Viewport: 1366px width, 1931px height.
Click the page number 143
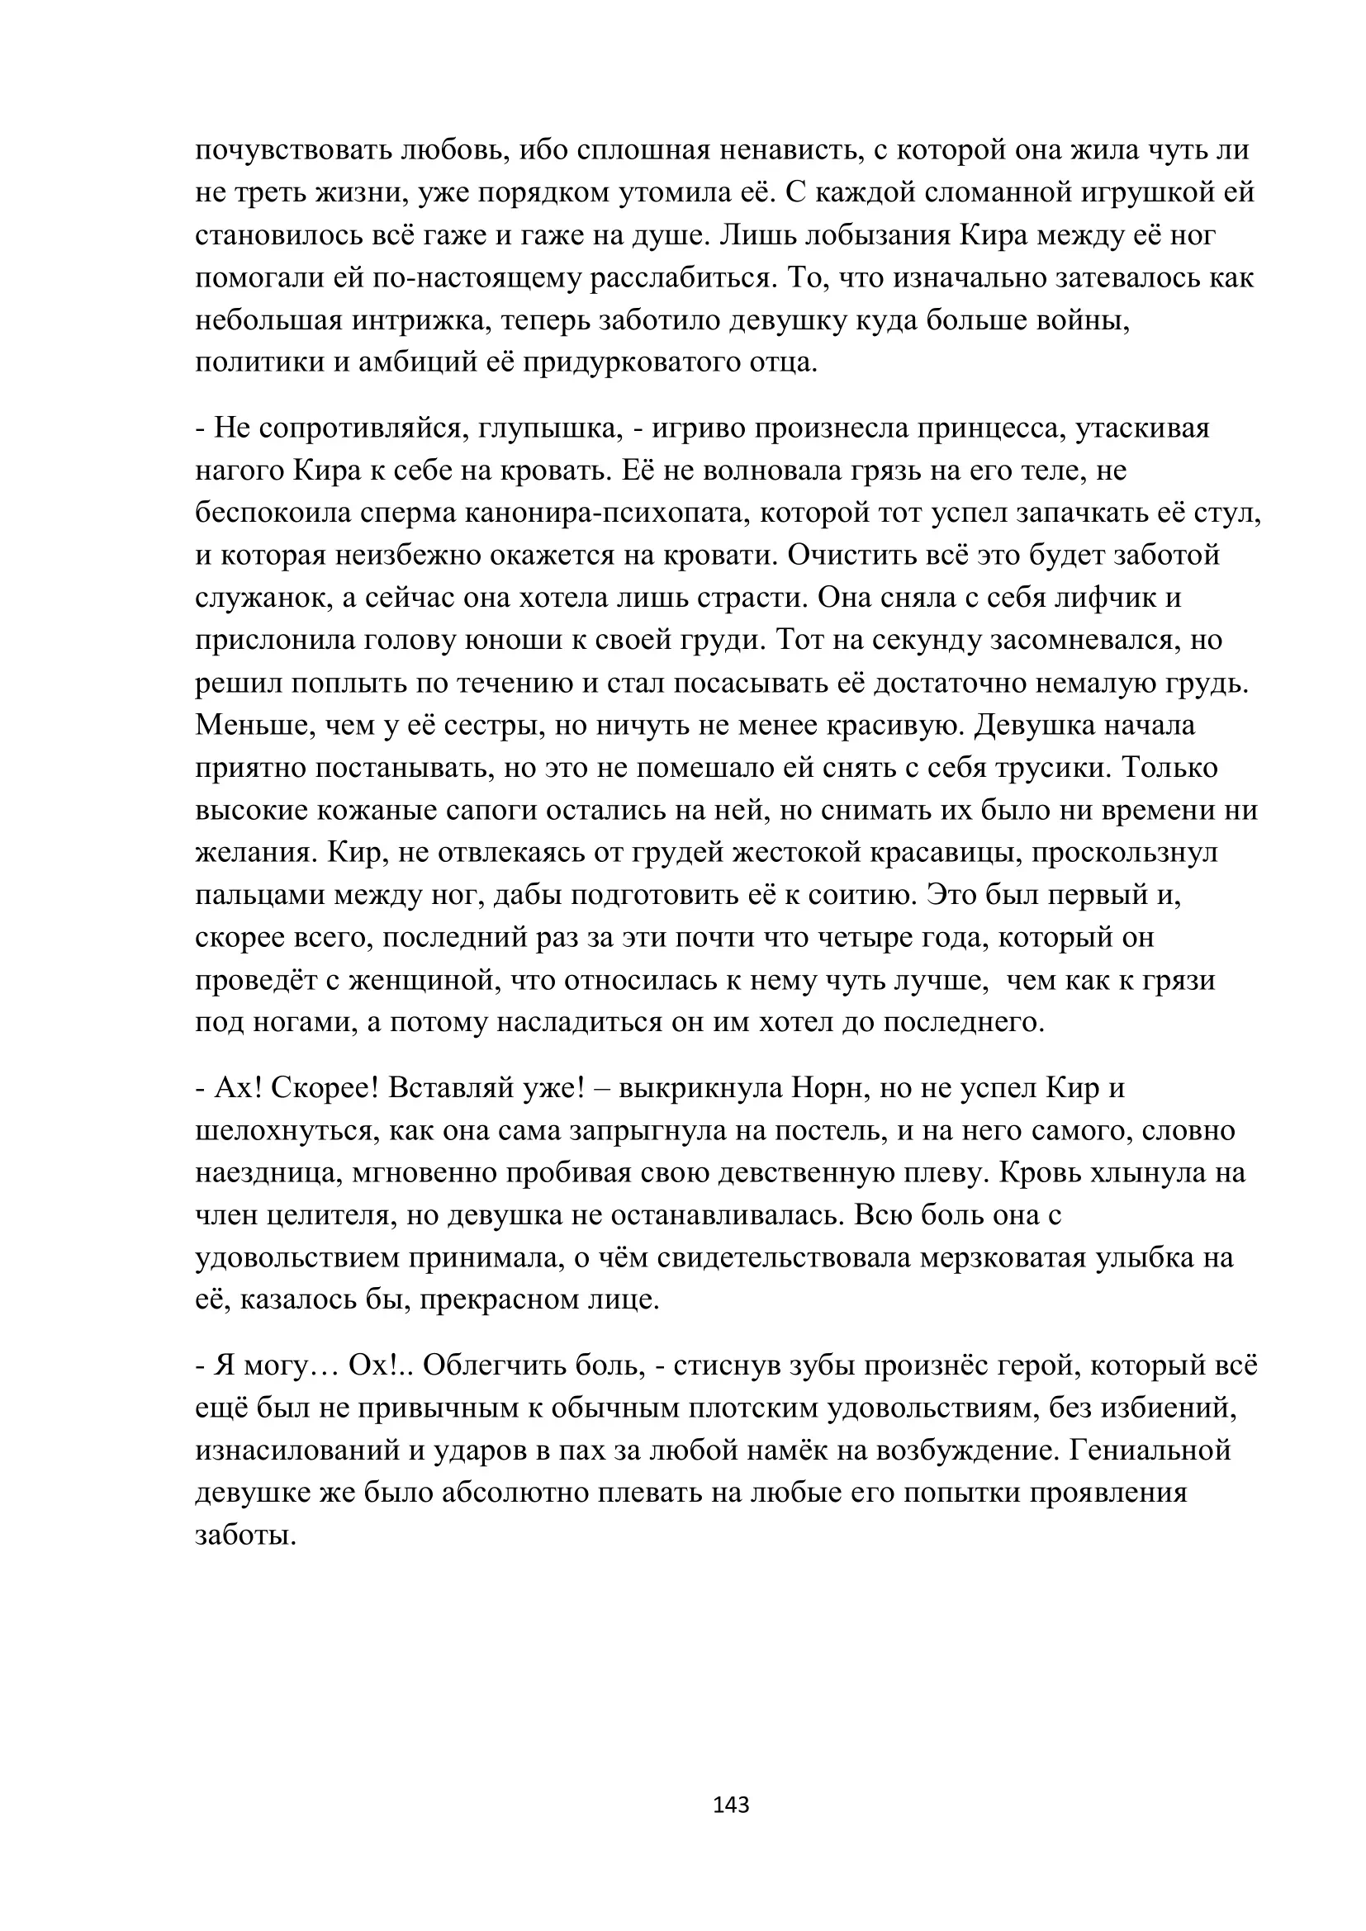730,1804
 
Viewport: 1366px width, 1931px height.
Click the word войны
1086,320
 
